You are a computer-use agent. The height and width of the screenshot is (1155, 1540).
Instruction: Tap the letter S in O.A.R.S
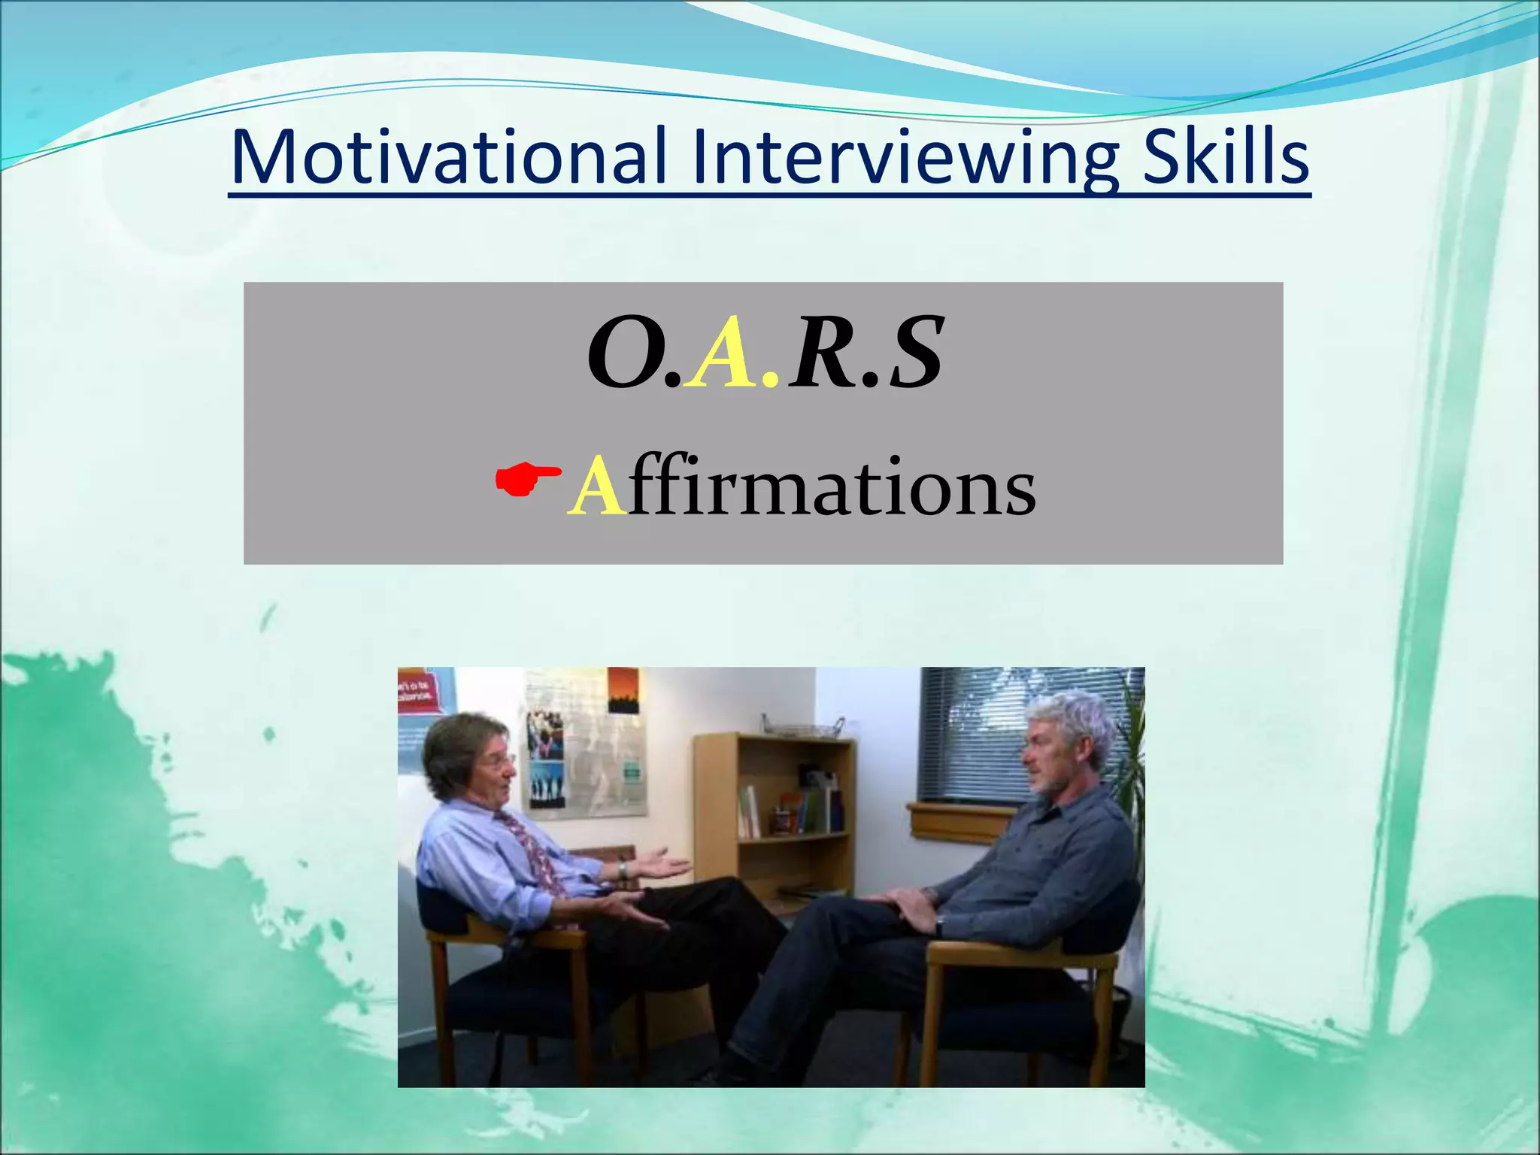click(x=914, y=353)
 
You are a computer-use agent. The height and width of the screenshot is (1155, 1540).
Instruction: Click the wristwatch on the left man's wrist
click(x=623, y=870)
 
